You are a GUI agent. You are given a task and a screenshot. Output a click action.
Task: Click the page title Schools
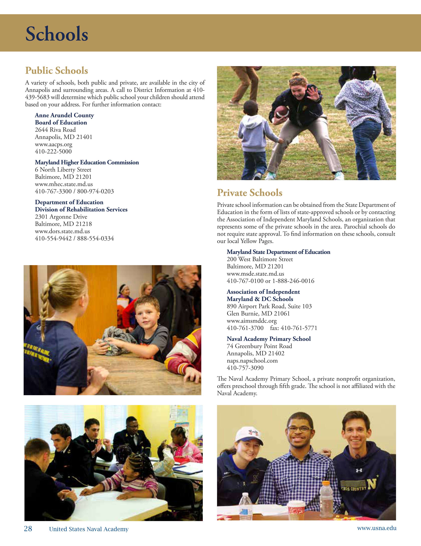click(57, 34)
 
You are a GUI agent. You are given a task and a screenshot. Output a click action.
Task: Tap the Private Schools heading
click(250, 193)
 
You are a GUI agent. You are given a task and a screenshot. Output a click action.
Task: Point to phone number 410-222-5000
click(53, 151)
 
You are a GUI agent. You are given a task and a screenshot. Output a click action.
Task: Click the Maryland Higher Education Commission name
click(87, 163)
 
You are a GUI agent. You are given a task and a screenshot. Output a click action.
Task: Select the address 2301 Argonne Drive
click(61, 217)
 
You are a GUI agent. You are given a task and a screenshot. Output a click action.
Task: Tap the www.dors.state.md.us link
click(62, 231)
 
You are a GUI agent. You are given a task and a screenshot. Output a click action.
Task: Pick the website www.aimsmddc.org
click(252, 321)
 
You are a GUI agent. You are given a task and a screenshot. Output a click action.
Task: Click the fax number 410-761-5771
click(294, 328)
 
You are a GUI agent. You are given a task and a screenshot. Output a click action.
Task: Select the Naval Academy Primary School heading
click(268, 339)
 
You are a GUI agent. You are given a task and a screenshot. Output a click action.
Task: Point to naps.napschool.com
click(252, 361)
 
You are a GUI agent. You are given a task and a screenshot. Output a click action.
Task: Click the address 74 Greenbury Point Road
click(259, 346)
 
